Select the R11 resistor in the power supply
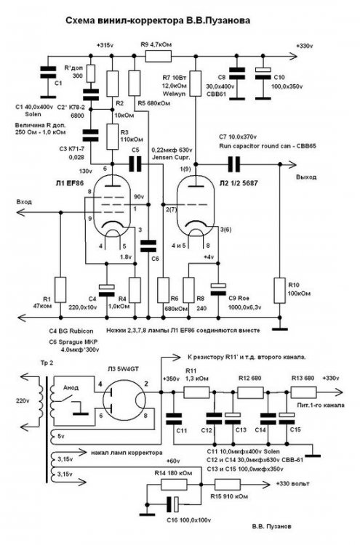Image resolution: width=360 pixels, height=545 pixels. [196, 392]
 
